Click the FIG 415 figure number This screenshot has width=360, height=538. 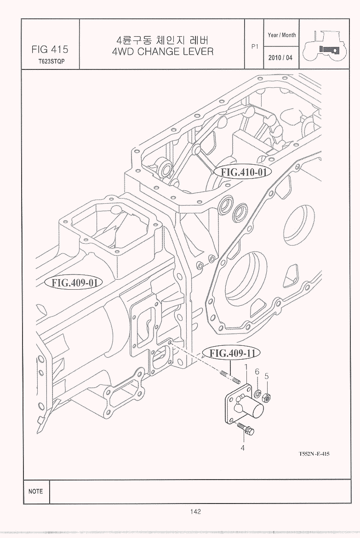coord(50,49)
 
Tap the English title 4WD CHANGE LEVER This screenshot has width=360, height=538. coord(163,52)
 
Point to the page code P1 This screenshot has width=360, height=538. coord(255,46)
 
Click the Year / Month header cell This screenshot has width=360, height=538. coord(281,35)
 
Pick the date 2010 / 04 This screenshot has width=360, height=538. coord(280,57)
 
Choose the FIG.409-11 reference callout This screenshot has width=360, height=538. coord(231,353)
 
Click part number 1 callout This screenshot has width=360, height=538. coord(246,367)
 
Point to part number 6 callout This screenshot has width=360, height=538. coord(257,371)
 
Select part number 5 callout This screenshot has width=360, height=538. coord(267,376)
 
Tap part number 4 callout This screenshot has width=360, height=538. coord(243,448)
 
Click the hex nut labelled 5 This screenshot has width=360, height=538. coord(266,398)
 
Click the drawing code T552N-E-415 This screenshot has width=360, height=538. coord(314,454)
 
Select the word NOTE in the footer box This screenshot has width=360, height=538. coord(36,492)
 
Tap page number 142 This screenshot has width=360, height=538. coord(195,512)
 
